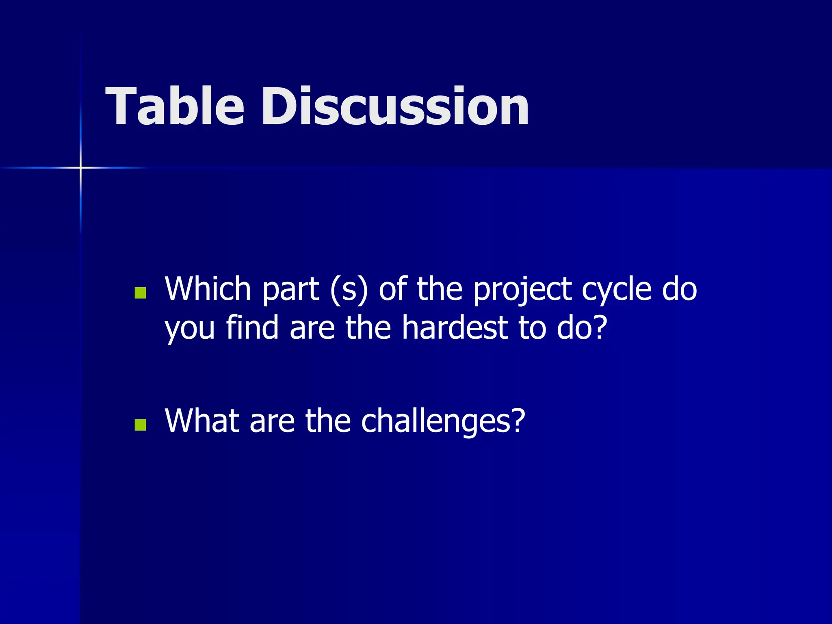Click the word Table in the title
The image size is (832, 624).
[x=175, y=106]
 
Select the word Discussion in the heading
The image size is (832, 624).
[x=395, y=106]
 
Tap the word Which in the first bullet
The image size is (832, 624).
[x=208, y=289]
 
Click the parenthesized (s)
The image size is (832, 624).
[x=349, y=290]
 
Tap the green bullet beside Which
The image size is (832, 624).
[x=140, y=293]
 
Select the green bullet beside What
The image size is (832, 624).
[x=140, y=425]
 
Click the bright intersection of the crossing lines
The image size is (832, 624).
[x=80, y=167]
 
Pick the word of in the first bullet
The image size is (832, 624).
[x=392, y=289]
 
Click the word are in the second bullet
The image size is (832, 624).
[x=272, y=421]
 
